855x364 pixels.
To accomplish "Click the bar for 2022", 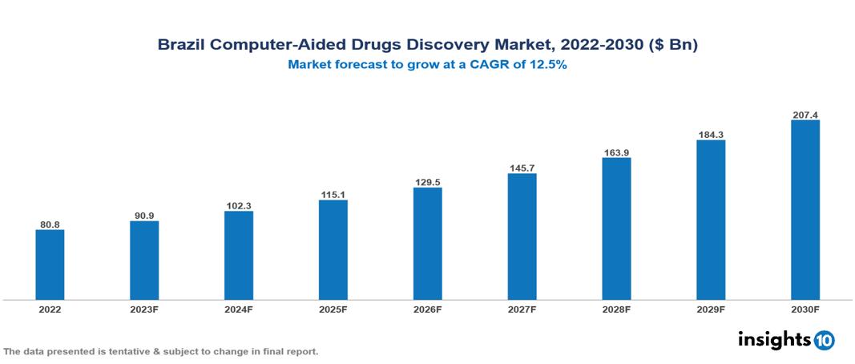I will (x=50, y=265).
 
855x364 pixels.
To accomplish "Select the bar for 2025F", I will (x=333, y=249).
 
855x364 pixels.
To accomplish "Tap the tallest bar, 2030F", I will (x=805, y=210).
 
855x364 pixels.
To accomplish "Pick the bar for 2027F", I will (x=522, y=237).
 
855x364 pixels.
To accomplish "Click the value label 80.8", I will (x=50, y=224).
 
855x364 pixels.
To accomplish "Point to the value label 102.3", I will (x=239, y=206).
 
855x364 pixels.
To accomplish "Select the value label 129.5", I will (x=427, y=182).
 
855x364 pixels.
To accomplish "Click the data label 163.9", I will (x=616, y=152).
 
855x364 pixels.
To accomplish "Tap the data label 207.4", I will (x=805, y=115).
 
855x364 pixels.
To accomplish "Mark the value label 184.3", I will (x=711, y=135).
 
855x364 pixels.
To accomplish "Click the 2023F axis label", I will (x=144, y=309).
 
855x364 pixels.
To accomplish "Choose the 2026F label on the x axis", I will (x=427, y=309).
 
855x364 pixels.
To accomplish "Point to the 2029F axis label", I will (x=711, y=309).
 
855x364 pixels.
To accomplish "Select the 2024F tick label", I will (x=239, y=309).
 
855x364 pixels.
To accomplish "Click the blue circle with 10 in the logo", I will (x=824, y=340).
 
